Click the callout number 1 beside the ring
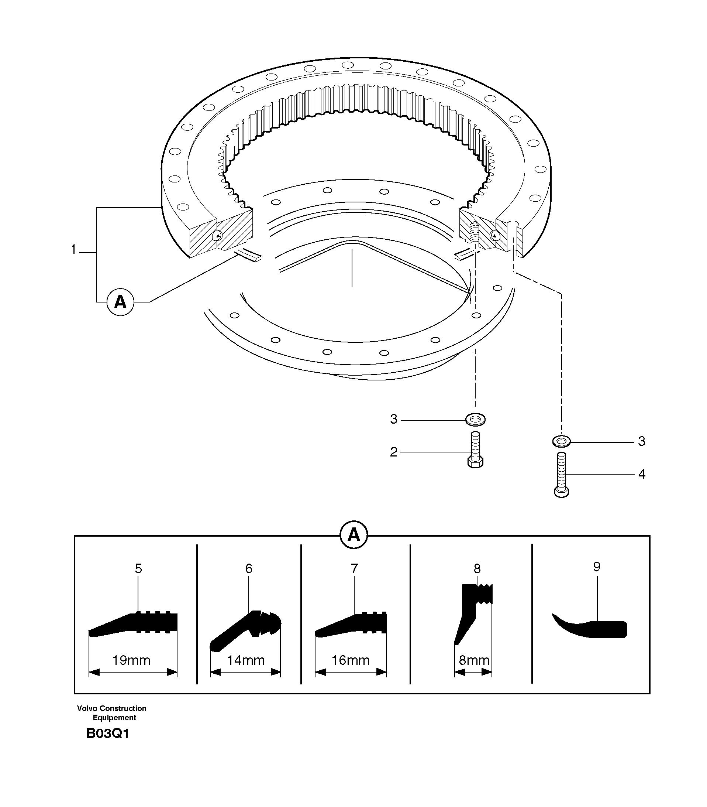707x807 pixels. tap(73, 250)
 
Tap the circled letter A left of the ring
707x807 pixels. tap(120, 302)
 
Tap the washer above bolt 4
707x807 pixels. tap(561, 441)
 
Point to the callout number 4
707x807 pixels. tap(642, 474)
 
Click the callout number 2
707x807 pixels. tap(393, 452)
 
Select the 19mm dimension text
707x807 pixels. tap(131, 660)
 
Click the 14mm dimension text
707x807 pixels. tap(245, 660)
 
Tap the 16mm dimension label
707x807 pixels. tap(350, 660)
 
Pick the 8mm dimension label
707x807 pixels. tap(474, 660)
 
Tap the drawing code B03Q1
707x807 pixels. tap(108, 734)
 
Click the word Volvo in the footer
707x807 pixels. tap(87, 708)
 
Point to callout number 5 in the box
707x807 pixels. tap(138, 568)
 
